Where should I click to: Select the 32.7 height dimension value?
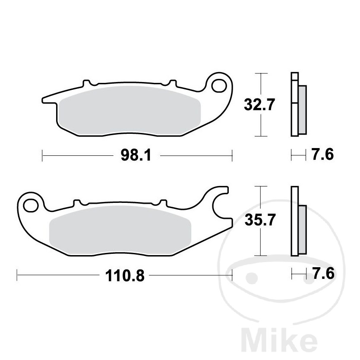tap(259, 105)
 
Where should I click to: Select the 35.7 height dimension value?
tap(259, 221)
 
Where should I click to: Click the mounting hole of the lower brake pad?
tap(32, 205)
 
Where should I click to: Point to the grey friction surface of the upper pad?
tap(129, 110)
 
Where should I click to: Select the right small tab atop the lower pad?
tap(163, 202)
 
